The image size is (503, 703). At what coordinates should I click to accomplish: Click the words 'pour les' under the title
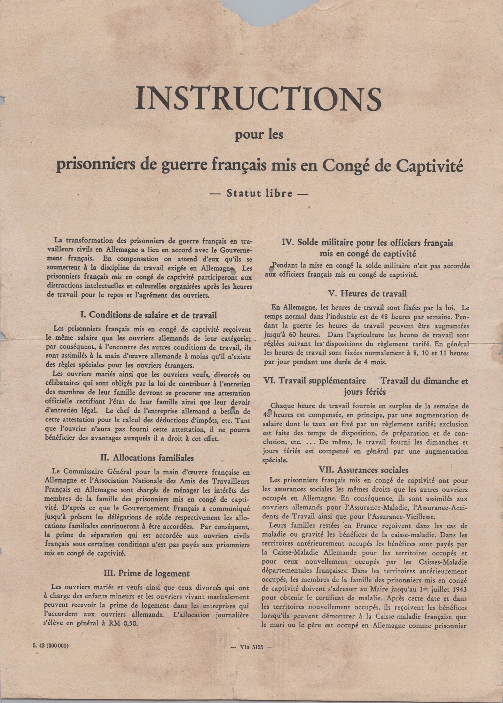click(259, 134)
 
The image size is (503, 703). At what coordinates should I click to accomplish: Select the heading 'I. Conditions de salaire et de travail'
click(149, 315)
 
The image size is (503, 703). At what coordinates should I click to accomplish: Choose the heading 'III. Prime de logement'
click(147, 573)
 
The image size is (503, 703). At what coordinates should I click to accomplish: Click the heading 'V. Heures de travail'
click(368, 293)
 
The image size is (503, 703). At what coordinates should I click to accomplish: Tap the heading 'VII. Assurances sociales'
click(368, 470)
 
